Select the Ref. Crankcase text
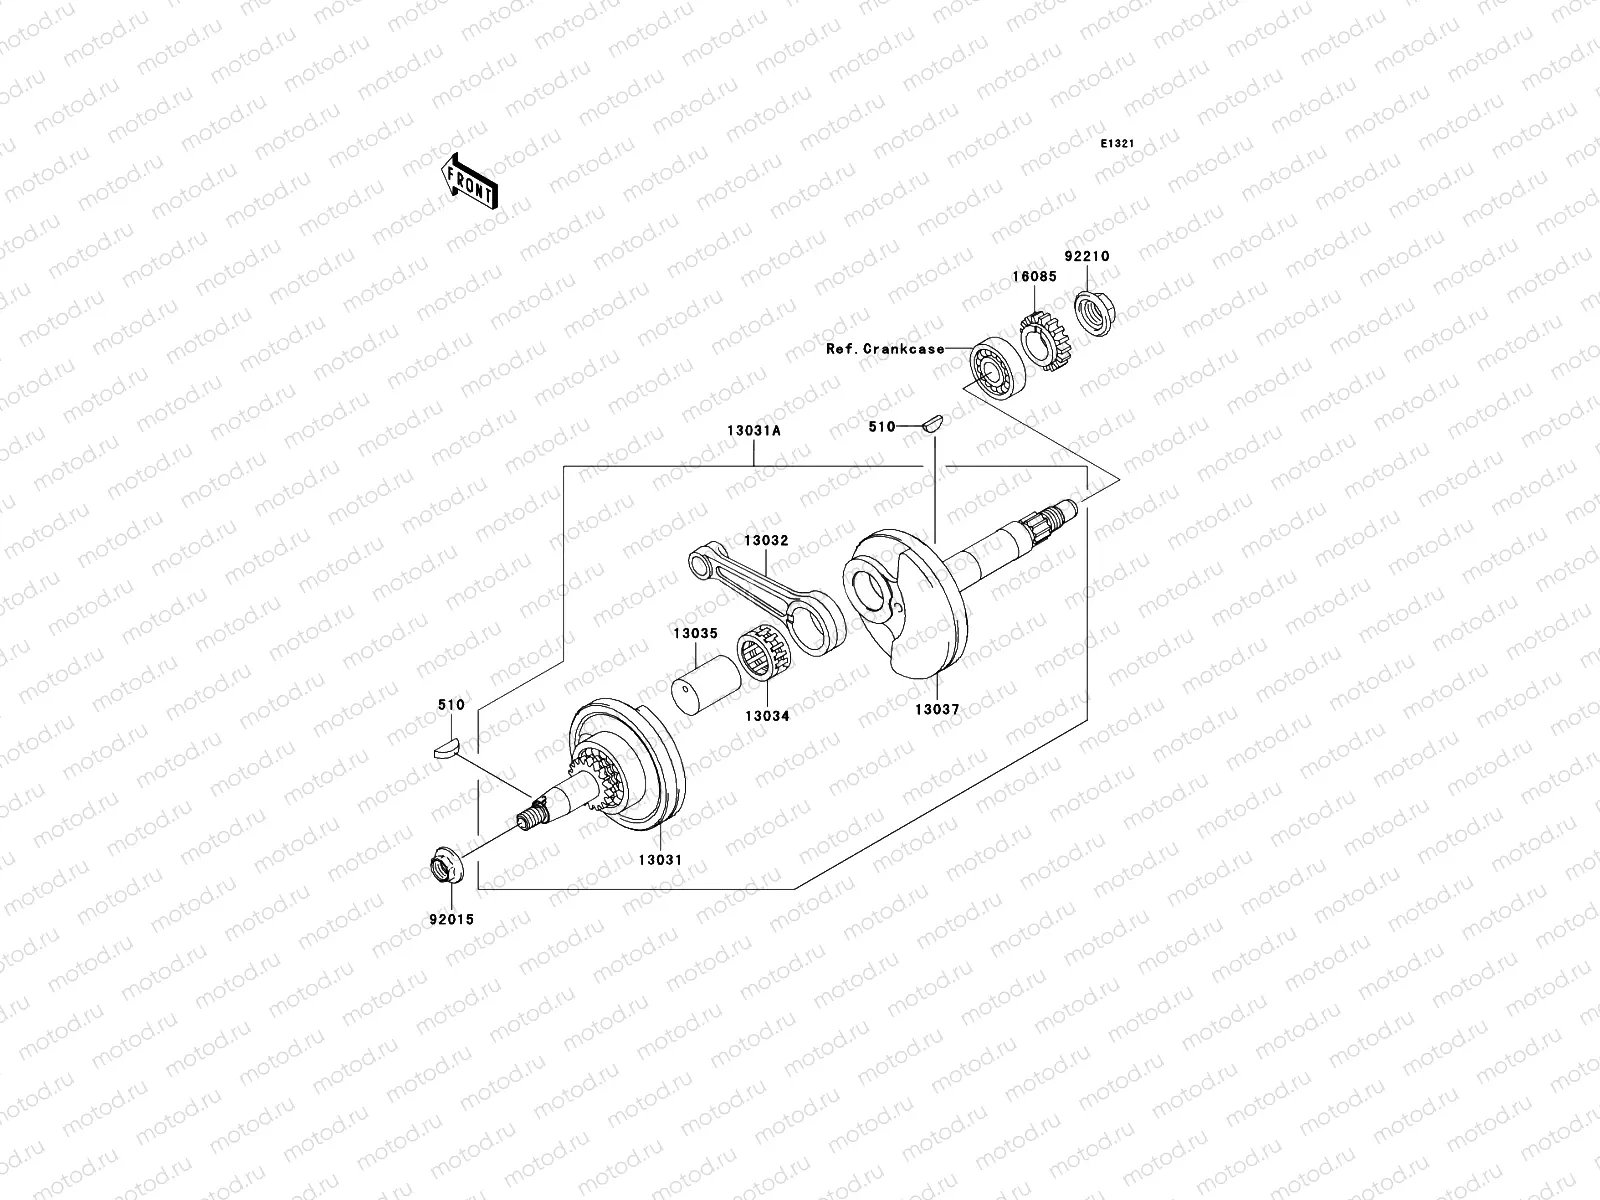tap(884, 349)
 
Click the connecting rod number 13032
tap(765, 540)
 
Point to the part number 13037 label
tap(937, 710)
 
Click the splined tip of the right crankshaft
tap(1059, 518)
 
